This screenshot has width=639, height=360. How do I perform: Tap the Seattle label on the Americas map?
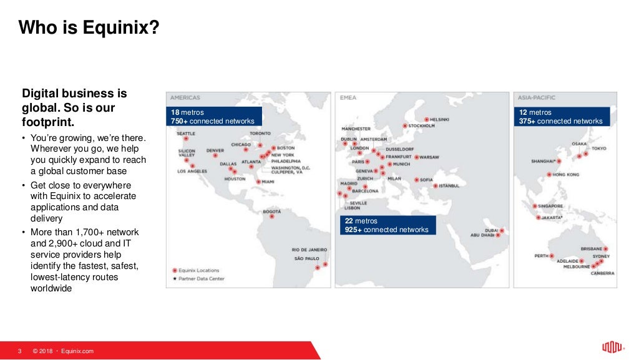coord(186,134)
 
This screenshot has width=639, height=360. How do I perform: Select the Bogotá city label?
coord(272,212)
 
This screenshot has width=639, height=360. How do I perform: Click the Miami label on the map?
coord(268,182)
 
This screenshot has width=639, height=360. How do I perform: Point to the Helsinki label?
coord(440,119)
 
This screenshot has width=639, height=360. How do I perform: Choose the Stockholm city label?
coord(421,125)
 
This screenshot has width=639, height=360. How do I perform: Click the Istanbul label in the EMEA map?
coord(449,185)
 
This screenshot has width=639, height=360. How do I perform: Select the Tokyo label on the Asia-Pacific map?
coord(598,148)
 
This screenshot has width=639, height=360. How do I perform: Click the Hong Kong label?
coord(565,175)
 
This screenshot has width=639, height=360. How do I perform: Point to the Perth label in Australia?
coord(541,255)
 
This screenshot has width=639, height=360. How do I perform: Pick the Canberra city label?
coord(603,273)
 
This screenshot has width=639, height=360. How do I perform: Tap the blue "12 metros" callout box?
coord(562,117)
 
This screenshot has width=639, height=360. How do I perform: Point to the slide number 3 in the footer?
coord(20,351)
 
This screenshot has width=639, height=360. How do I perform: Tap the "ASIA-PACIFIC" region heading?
coord(536,97)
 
